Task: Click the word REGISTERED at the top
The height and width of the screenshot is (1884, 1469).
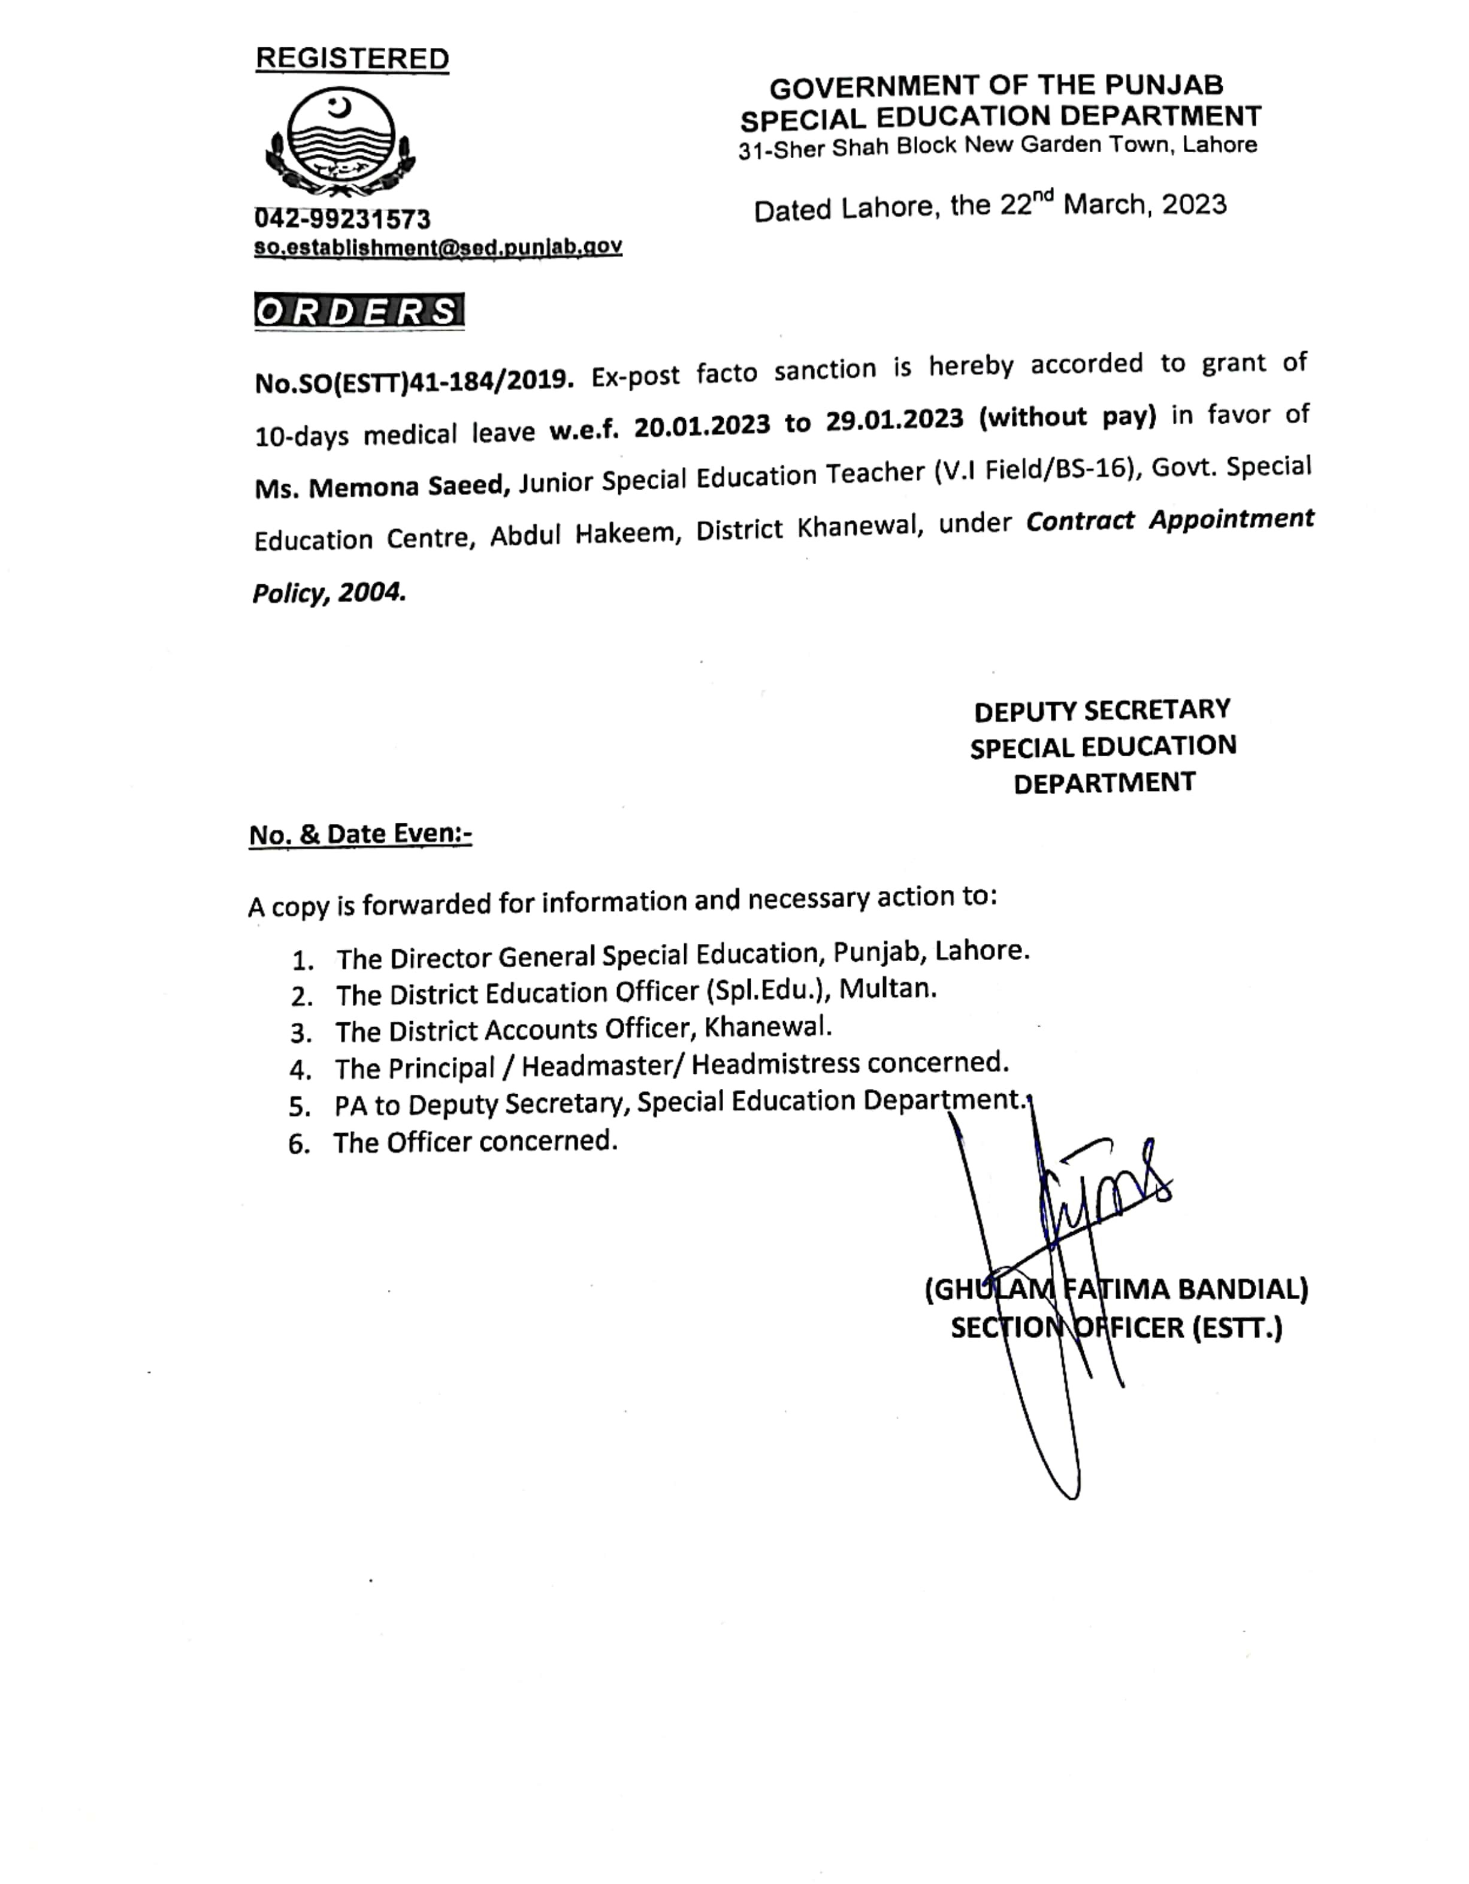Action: click(x=352, y=59)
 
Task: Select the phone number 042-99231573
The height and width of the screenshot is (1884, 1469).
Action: click(x=343, y=219)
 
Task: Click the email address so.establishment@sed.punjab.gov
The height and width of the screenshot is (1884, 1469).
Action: click(x=437, y=247)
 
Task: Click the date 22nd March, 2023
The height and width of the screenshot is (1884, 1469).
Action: click(x=1113, y=206)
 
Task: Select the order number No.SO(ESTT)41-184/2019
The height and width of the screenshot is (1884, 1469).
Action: click(x=414, y=381)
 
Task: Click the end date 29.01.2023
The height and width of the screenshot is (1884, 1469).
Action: click(x=894, y=420)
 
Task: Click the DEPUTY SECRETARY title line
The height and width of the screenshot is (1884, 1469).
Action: click(x=1102, y=711)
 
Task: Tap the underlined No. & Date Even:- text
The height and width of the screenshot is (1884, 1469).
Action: click(x=361, y=834)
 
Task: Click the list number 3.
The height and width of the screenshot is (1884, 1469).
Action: click(x=300, y=1032)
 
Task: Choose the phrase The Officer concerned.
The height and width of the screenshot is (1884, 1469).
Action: click(x=475, y=1142)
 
